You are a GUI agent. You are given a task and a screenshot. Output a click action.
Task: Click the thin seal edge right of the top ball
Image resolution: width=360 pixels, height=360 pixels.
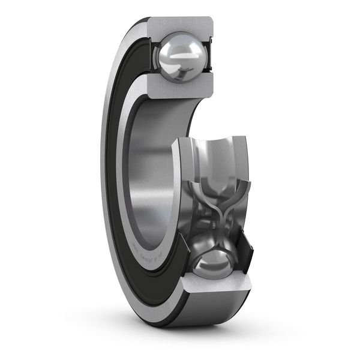[210, 57]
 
